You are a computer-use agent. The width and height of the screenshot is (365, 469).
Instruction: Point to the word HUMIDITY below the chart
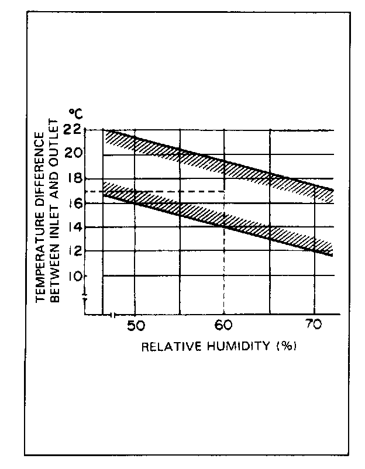tap(237, 346)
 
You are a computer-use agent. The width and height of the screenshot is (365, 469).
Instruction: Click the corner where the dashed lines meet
tap(225, 191)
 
